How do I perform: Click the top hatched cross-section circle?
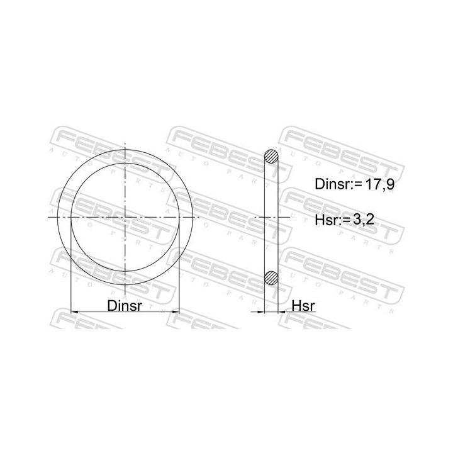point(271,156)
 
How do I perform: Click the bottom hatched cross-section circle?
point(271,276)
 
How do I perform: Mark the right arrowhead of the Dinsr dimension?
point(177,311)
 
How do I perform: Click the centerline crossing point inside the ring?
point(126,217)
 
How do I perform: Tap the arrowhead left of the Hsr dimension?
point(259,311)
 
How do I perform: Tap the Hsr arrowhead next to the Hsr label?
point(282,311)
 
